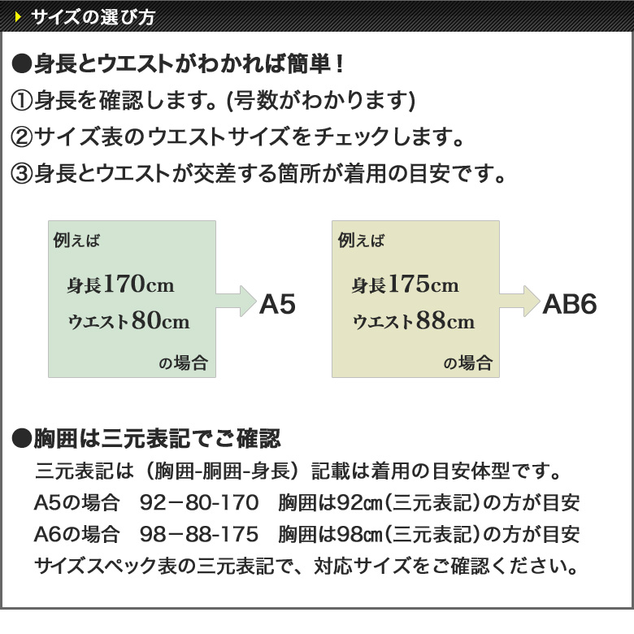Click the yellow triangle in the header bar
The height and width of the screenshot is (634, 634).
(x=18, y=16)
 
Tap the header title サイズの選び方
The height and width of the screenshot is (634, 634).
(x=93, y=17)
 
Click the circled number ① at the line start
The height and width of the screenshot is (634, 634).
(x=21, y=100)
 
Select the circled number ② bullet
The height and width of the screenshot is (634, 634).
(x=21, y=137)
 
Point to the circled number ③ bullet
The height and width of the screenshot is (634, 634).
(x=21, y=173)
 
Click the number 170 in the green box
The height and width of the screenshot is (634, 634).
(x=124, y=284)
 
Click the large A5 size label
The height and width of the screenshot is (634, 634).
(x=277, y=304)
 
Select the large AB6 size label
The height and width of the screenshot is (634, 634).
(x=569, y=304)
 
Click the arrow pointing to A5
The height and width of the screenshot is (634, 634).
(x=237, y=301)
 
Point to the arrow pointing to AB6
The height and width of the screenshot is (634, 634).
(x=520, y=301)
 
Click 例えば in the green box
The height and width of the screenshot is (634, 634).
(x=76, y=240)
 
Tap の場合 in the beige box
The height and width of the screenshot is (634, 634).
(x=468, y=363)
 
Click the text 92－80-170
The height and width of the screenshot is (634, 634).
(x=199, y=502)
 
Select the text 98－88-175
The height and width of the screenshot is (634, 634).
(x=199, y=534)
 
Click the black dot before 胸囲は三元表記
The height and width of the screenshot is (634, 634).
(x=21, y=439)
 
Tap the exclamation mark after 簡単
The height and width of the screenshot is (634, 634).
(x=340, y=64)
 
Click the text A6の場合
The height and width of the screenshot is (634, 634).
(x=77, y=534)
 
